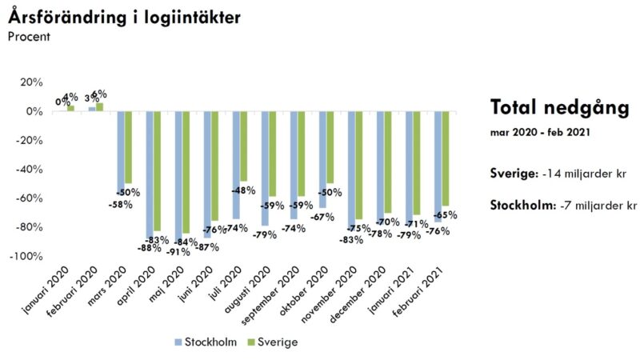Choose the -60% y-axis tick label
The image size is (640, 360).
coord(29,198)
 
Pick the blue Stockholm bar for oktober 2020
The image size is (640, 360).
coord(322,160)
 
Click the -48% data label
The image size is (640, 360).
coord(244,191)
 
